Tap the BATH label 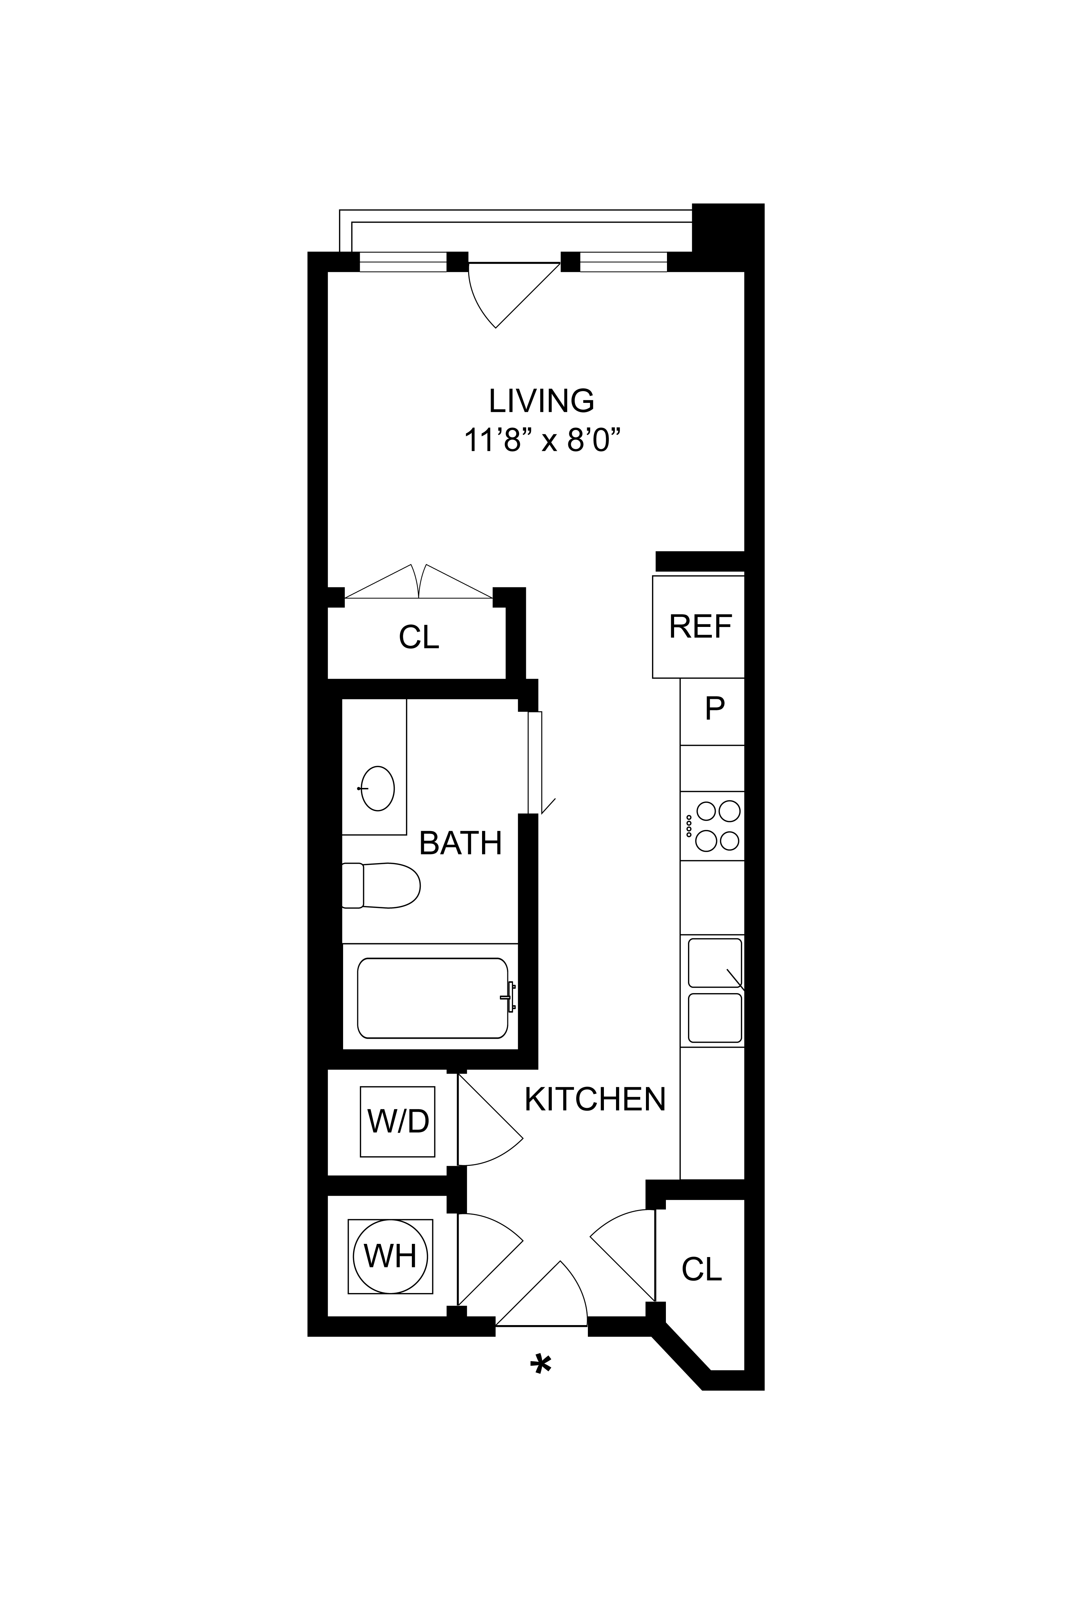click(460, 843)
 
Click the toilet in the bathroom click(381, 886)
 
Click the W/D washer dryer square click(398, 1121)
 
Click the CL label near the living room click(419, 637)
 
